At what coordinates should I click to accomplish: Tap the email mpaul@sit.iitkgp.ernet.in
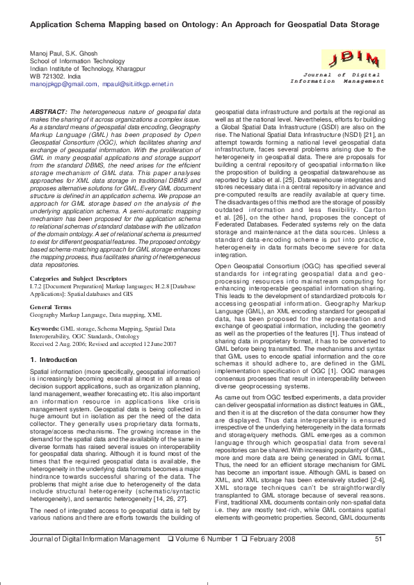137,83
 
